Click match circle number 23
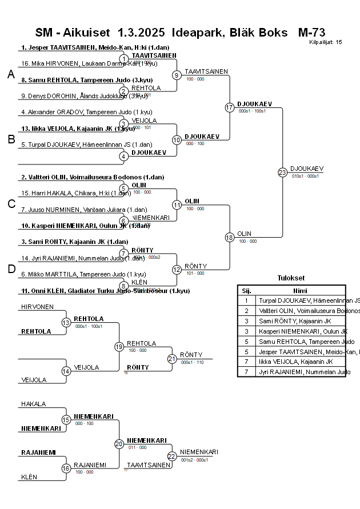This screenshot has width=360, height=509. (x=282, y=172)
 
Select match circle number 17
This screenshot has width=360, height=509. (x=230, y=107)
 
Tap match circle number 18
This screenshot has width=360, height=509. (x=230, y=237)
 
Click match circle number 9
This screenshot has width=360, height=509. (x=177, y=75)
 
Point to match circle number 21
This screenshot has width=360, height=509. (x=171, y=359)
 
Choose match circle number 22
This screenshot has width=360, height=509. (x=171, y=456)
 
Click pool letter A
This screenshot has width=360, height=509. (x=11, y=74)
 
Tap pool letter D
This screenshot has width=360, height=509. (x=11, y=269)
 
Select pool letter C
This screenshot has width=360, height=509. (x=11, y=204)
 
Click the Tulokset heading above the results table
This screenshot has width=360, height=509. (x=291, y=278)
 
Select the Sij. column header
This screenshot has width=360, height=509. (x=246, y=290)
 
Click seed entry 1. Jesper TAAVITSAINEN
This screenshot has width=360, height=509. (x=75, y=47)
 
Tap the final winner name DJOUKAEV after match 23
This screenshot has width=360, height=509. (x=307, y=169)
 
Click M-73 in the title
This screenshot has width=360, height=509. (x=311, y=32)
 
